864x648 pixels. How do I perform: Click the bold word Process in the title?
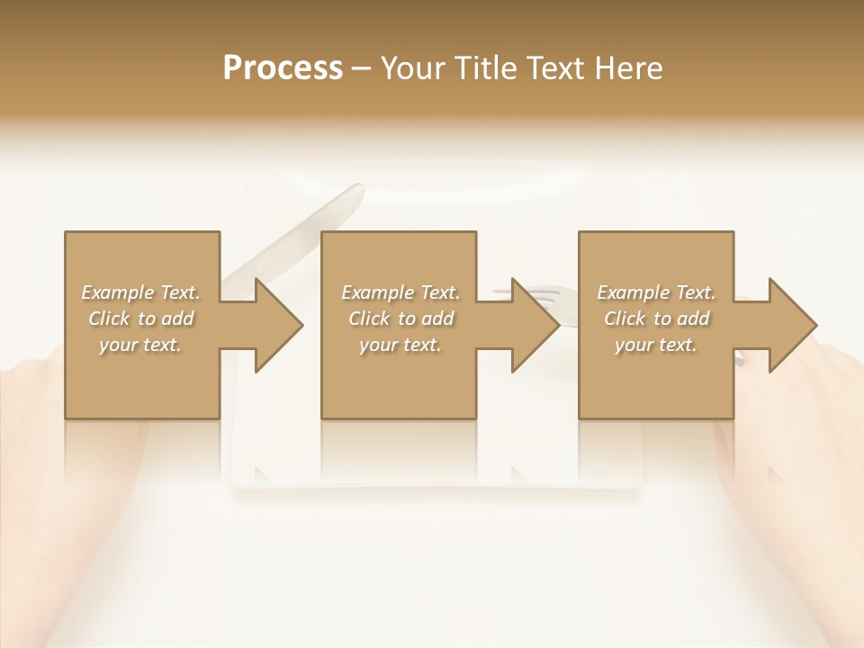[x=283, y=68]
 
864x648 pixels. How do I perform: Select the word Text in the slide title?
[x=556, y=68]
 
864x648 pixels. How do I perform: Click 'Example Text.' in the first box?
[x=140, y=292]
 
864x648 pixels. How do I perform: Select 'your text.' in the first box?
[x=140, y=345]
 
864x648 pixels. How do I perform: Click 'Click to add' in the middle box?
[x=400, y=319]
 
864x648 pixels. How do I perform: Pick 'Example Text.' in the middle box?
[x=400, y=292]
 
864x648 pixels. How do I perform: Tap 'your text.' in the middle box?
[x=400, y=345]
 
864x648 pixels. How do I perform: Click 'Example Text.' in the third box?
[x=656, y=292]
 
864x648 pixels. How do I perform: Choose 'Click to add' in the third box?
[x=656, y=319]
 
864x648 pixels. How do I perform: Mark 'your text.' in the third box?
[x=656, y=345]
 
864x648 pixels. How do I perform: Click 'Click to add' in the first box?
[x=140, y=319]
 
